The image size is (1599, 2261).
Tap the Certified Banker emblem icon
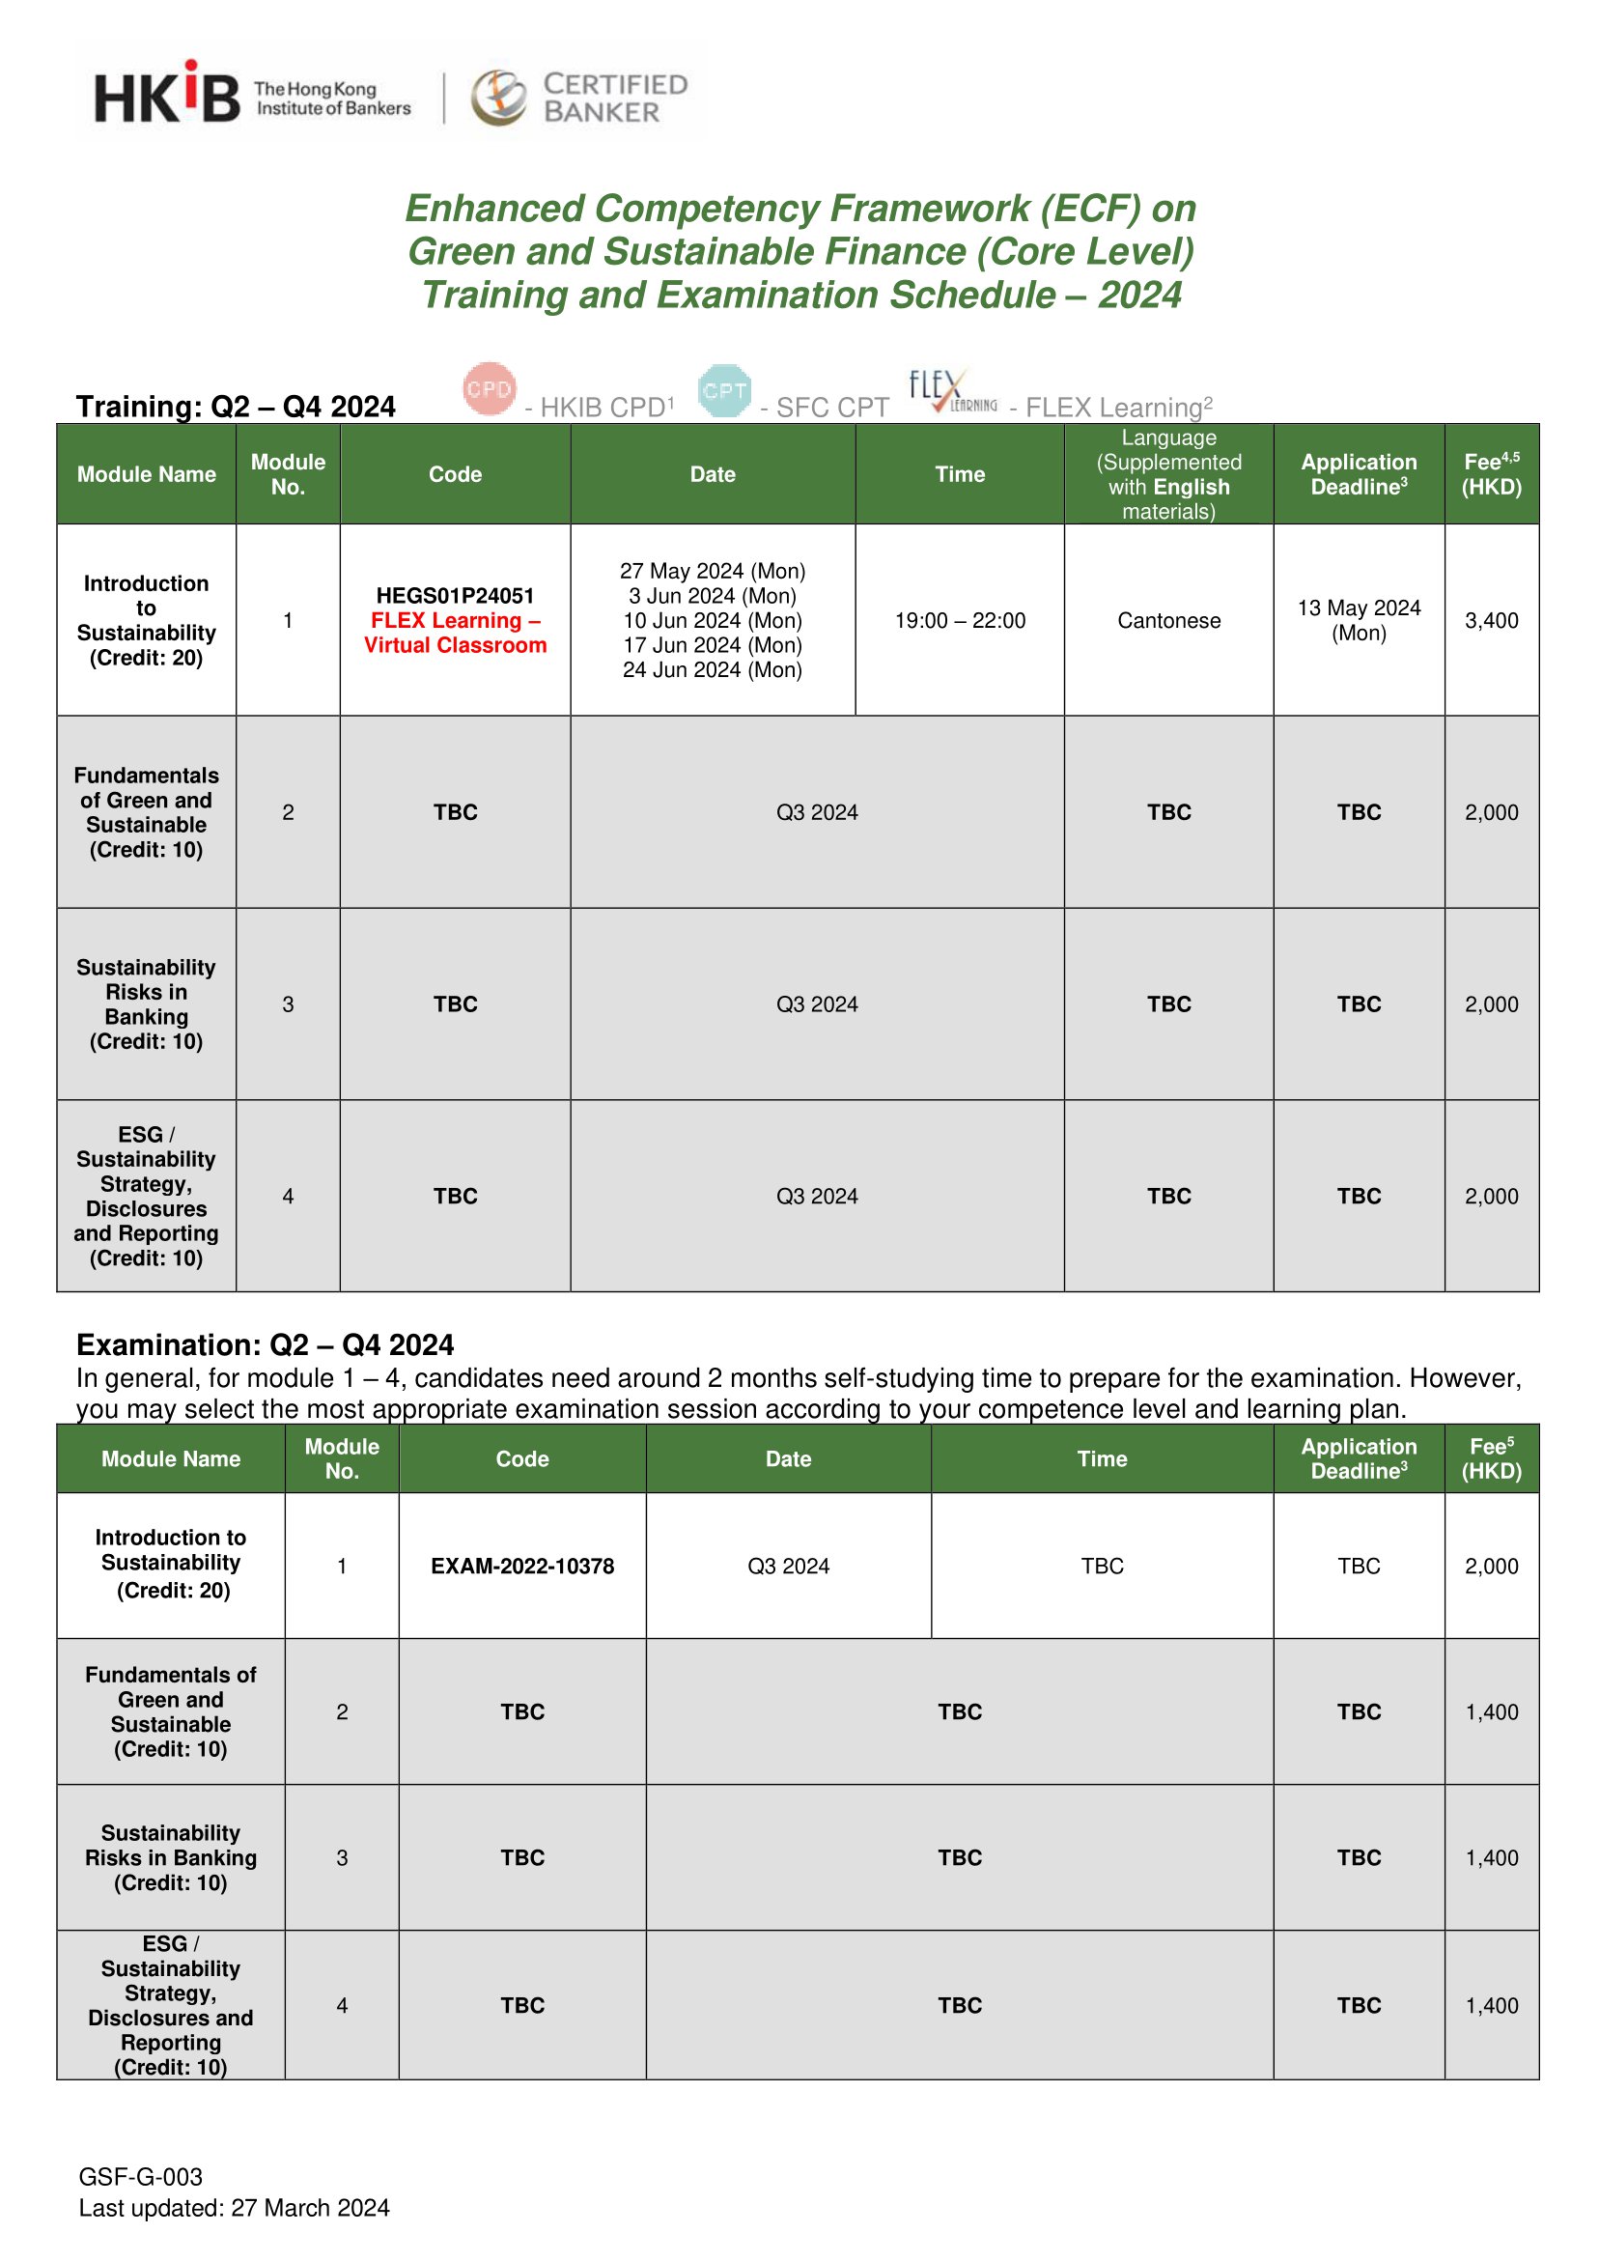coord(498,98)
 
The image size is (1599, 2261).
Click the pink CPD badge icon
coord(490,389)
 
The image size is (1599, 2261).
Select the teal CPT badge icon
coord(725,391)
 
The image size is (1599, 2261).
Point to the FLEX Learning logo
coord(950,392)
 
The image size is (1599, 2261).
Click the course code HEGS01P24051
coord(455,596)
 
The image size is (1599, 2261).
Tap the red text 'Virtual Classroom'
coord(455,646)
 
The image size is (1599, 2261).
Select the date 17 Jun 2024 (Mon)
coord(712,645)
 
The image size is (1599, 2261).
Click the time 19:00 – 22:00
coord(960,620)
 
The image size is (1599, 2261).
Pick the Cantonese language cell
coord(1168,620)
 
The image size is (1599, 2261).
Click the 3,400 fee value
coord(1491,620)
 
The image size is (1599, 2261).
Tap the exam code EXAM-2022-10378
coord(521,1566)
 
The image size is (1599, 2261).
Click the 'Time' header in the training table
coord(960,474)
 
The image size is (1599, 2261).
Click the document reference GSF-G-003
coord(141,2176)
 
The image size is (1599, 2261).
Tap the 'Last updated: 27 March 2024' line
coord(235,2208)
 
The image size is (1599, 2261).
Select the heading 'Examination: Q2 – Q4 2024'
coord(265,1345)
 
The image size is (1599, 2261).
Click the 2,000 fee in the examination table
coord(1491,1566)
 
